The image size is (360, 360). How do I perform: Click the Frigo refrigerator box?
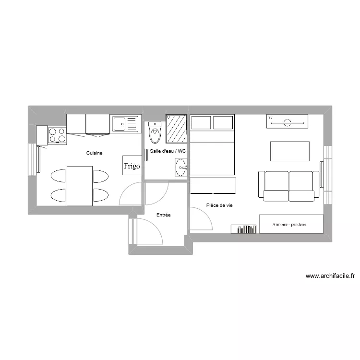click(x=132, y=166)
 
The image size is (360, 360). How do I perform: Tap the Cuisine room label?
click(x=95, y=153)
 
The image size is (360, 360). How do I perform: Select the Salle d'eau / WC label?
click(x=168, y=151)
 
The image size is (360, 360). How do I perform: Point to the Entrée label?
click(x=164, y=215)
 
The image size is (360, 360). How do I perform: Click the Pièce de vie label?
click(x=219, y=205)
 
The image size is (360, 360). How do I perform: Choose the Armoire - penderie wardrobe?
click(x=289, y=224)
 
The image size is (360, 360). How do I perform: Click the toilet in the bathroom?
click(x=155, y=134)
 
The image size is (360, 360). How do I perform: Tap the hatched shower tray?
click(x=176, y=129)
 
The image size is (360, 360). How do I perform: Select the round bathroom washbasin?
click(x=181, y=168)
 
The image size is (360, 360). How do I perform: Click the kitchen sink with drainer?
click(x=125, y=124)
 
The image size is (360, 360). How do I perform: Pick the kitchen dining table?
click(x=80, y=185)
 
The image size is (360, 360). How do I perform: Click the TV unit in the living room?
click(x=287, y=122)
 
